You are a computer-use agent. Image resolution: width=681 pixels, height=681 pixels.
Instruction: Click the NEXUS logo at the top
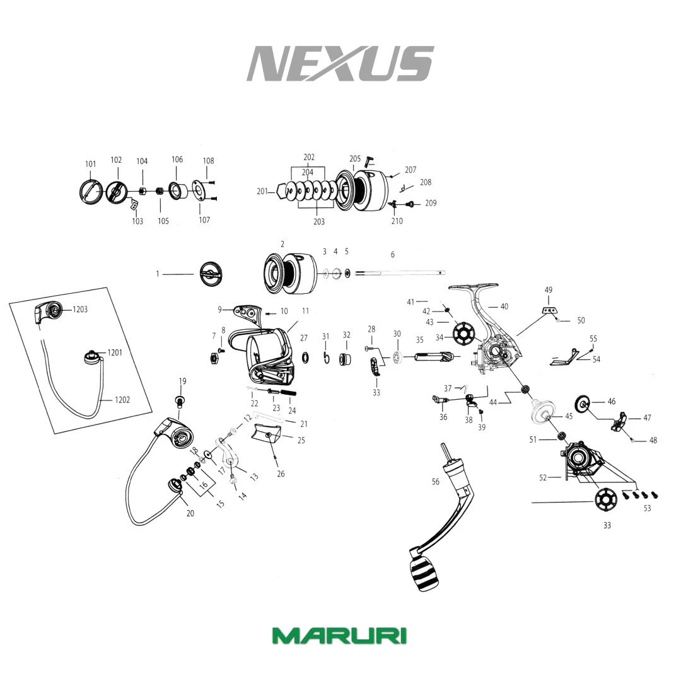click(x=340, y=63)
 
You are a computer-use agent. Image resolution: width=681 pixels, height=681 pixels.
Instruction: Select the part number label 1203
click(x=80, y=310)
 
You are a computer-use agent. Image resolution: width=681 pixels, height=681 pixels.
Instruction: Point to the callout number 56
click(x=436, y=482)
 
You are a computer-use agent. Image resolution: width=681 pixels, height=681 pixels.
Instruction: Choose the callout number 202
click(x=309, y=158)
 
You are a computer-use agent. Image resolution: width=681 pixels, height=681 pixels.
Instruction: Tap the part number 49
click(x=549, y=290)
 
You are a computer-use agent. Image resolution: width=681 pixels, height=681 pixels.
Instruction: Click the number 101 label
click(x=91, y=165)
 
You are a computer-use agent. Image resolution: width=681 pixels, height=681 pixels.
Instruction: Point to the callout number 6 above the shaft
click(x=393, y=255)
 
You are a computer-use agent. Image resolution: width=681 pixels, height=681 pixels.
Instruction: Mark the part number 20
click(x=190, y=513)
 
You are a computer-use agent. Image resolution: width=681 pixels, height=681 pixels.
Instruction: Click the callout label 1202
click(x=122, y=400)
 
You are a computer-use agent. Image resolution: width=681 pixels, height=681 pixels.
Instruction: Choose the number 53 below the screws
click(x=647, y=508)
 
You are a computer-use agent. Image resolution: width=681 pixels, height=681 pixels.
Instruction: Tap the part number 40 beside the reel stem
click(x=504, y=307)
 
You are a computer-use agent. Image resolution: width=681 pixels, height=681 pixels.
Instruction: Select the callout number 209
click(x=431, y=203)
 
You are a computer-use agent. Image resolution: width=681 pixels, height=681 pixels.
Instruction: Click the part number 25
click(x=301, y=440)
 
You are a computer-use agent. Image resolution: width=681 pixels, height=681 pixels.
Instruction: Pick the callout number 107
click(x=204, y=220)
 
